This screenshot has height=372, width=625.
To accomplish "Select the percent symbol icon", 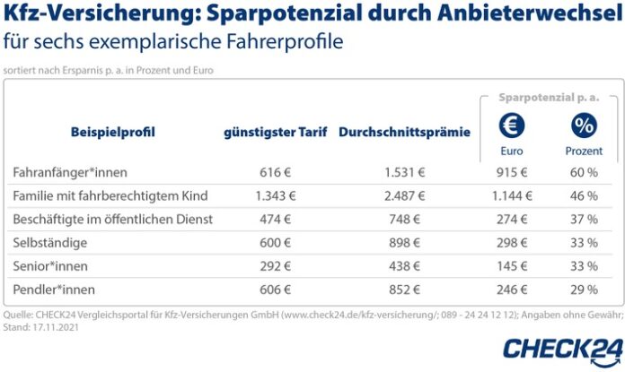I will click(x=584, y=125).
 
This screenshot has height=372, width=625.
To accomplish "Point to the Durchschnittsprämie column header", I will click(x=404, y=132).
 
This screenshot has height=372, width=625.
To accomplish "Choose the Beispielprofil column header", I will click(x=112, y=132).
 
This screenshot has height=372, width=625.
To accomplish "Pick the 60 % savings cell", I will click(x=584, y=171).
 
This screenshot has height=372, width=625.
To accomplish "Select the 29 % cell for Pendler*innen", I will click(x=584, y=290).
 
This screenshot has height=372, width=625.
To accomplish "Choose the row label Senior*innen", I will click(x=50, y=267).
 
